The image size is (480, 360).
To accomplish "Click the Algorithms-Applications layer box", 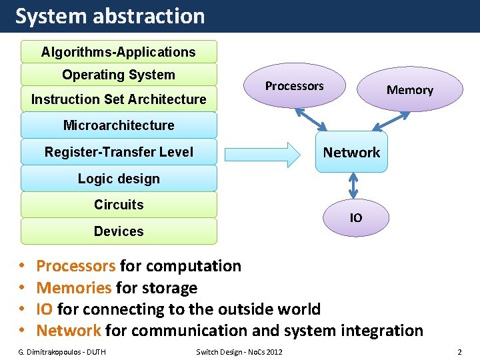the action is coord(119,52).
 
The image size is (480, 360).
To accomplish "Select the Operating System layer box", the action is coord(119,75).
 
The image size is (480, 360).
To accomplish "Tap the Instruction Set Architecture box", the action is coord(119,99).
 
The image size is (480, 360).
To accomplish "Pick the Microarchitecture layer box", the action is coord(119,125).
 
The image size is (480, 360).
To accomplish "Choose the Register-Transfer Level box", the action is coord(119,152).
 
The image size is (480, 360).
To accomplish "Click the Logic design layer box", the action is coord(119,179).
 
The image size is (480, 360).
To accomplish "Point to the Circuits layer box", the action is coord(119,205).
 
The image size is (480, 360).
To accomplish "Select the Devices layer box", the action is coord(119,231).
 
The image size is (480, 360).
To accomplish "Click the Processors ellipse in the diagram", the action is coord(295,86).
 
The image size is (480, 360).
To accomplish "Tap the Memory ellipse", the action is coord(409,90).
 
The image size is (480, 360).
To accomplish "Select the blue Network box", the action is coord(351,153).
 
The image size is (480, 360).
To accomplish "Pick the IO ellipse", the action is coord(356,218).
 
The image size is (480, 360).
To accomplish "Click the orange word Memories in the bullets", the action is coord(74,288).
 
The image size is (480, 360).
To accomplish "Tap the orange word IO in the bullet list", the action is coord(45,309).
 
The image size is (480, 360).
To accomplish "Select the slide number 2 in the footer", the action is coord(459,351).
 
